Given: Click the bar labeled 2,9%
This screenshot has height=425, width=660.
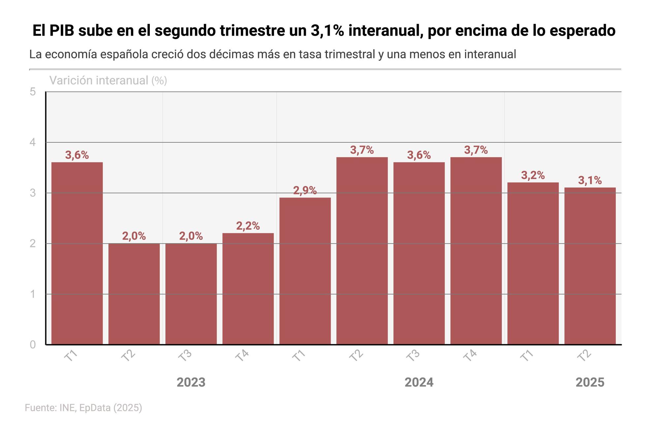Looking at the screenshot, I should (x=305, y=271).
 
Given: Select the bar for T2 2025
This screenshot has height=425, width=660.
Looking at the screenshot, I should (x=590, y=266).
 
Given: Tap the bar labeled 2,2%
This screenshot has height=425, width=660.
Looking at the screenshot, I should (x=248, y=289).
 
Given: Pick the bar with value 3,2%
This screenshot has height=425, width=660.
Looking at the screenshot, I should (x=533, y=263).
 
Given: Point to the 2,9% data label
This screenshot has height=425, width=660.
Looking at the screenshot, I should (x=305, y=191).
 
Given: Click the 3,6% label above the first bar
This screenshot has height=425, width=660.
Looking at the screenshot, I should (x=77, y=155).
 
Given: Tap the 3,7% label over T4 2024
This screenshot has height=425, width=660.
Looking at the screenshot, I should (x=476, y=150).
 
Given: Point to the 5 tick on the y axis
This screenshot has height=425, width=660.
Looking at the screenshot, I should (x=33, y=92).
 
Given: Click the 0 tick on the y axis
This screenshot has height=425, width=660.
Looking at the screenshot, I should (x=33, y=344).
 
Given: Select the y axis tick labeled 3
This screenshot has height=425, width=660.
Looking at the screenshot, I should (x=33, y=193).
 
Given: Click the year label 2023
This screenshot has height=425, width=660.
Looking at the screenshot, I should (x=191, y=382).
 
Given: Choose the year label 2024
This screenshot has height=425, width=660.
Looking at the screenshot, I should (x=419, y=382).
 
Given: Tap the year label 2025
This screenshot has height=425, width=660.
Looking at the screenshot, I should (x=590, y=382).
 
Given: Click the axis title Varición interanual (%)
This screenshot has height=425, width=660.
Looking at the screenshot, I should (x=108, y=80).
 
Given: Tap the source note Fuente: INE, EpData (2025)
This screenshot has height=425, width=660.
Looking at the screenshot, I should (x=83, y=407).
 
